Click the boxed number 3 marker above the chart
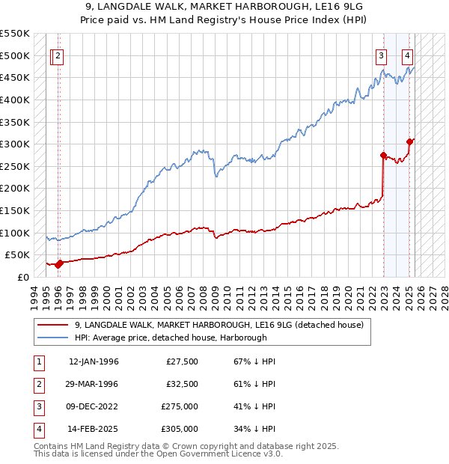click(x=382, y=55)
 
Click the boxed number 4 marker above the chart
click(x=407, y=55)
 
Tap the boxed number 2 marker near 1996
click(x=58, y=55)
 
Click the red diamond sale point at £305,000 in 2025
click(x=410, y=141)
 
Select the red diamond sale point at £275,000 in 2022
click(x=384, y=156)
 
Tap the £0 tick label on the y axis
click(x=23, y=277)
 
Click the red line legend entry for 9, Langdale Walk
click(x=219, y=325)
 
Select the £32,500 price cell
click(x=182, y=385)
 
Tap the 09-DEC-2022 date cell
click(x=94, y=407)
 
